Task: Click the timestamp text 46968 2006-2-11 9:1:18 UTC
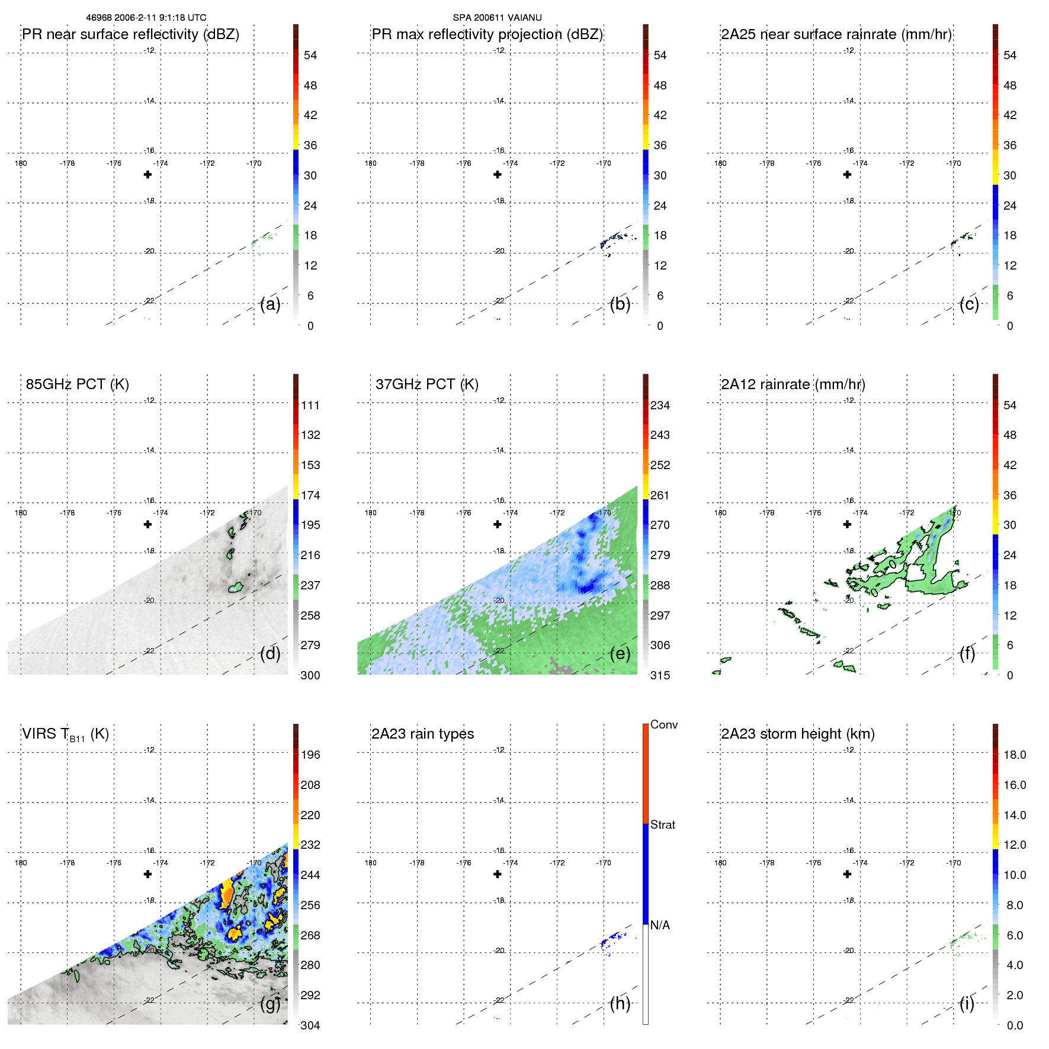[146, 18]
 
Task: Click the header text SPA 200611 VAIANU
[497, 18]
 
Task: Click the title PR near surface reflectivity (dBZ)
[130, 34]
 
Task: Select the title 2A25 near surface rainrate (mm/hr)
[836, 34]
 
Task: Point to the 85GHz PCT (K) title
[77, 384]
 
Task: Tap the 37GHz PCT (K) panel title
[426, 384]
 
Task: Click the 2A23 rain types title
[422, 734]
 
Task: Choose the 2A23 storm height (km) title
[797, 734]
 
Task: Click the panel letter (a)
[270, 304]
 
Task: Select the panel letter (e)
[620, 654]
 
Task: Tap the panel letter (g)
[270, 1003]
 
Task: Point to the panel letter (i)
[967, 1003]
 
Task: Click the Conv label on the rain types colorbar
[663, 724]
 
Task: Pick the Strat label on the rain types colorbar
[662, 825]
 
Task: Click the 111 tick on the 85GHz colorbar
[310, 406]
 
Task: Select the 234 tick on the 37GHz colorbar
[660, 406]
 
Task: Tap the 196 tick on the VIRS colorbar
[310, 755]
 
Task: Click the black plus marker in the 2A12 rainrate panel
[847, 524]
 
